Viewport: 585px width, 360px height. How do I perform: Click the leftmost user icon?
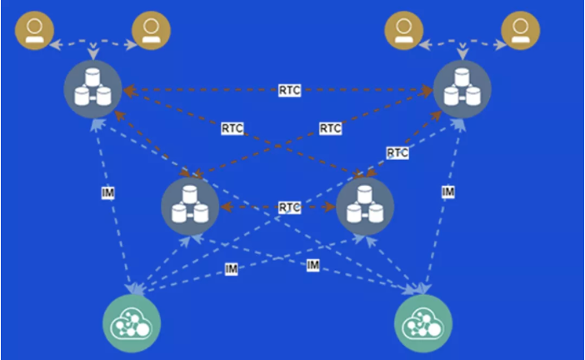click(34, 30)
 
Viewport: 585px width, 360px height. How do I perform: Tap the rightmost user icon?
click(521, 30)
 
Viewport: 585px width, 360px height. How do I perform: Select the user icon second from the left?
click(151, 30)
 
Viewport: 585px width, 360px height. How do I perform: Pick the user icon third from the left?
click(403, 30)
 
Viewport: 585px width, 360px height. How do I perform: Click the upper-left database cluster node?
click(92, 89)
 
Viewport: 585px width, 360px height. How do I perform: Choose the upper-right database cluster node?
click(462, 89)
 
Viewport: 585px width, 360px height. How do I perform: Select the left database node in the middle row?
click(190, 207)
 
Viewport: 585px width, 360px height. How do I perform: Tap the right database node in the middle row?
click(365, 207)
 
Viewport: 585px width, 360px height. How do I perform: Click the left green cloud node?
click(132, 323)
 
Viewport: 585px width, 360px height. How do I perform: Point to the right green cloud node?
click(423, 323)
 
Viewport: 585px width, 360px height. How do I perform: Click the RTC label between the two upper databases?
click(289, 90)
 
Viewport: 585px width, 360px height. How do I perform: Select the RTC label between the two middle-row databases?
click(289, 207)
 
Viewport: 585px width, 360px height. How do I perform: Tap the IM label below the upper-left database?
click(107, 192)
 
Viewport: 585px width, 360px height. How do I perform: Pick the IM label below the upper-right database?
click(448, 192)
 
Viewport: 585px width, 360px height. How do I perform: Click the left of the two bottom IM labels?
click(232, 269)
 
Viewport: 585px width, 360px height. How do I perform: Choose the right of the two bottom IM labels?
click(312, 265)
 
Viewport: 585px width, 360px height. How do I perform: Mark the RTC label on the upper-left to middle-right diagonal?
click(232, 128)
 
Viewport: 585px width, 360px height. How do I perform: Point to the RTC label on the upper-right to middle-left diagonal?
click(330, 128)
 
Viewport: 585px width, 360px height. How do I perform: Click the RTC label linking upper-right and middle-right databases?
click(397, 152)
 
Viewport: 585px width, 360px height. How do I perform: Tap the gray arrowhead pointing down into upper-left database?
click(92, 54)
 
